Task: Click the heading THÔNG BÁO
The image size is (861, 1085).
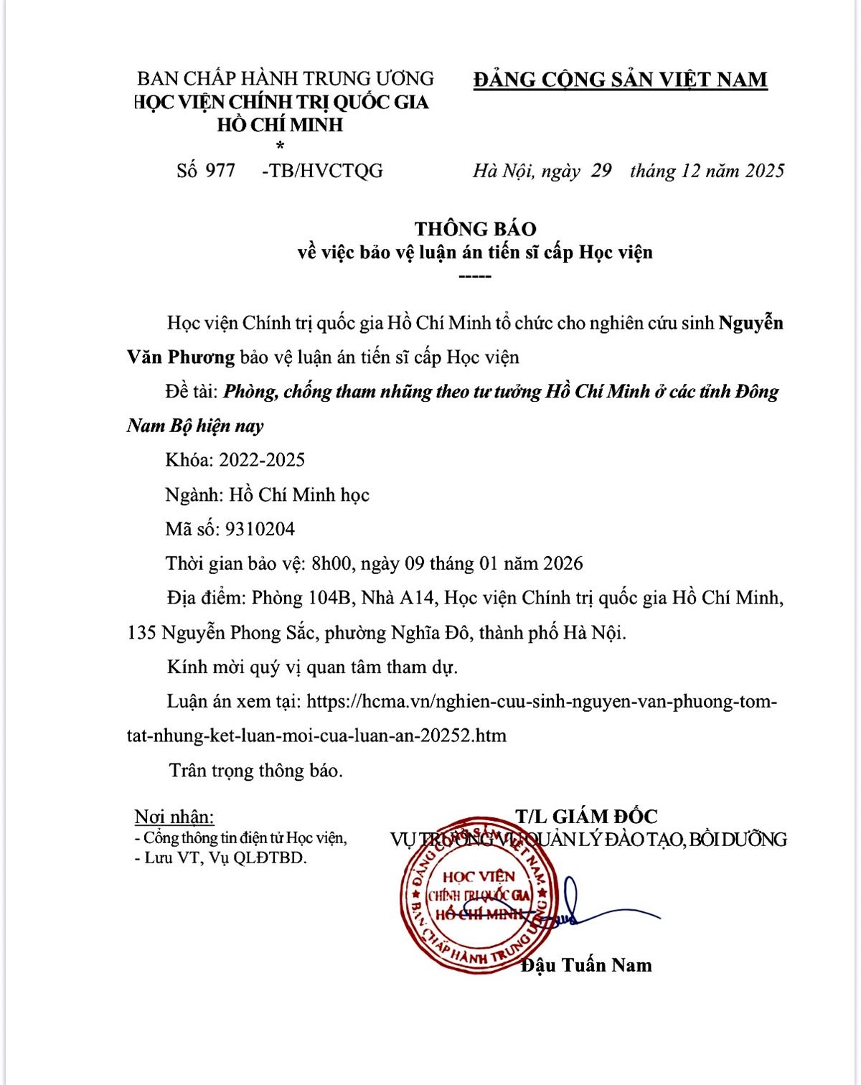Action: pos(475,229)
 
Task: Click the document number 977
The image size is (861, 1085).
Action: pos(220,171)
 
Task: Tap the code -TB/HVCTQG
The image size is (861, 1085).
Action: pos(323,171)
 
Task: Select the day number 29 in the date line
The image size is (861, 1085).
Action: pos(601,171)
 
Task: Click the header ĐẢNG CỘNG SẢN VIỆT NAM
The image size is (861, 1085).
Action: pos(620,79)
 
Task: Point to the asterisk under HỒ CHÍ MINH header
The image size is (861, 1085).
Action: pos(280,146)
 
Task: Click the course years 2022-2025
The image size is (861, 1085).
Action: pos(262,460)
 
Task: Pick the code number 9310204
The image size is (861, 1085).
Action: pos(260,529)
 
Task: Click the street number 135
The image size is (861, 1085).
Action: pos(141,633)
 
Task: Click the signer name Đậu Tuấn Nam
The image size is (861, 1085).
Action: pos(586,965)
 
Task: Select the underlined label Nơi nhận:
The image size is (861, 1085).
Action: pos(174,817)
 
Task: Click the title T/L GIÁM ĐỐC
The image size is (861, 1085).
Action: pos(585,816)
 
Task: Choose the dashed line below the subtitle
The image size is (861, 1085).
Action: pos(474,276)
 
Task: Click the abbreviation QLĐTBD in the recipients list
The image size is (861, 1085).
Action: pos(276,858)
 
